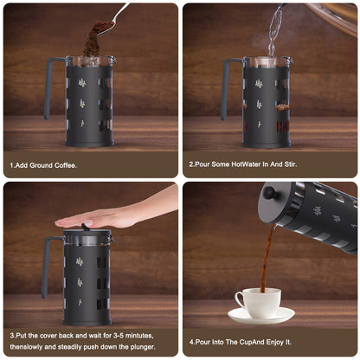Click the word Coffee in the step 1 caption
[x=66, y=165]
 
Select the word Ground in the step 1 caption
[x=42, y=165]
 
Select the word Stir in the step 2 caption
[x=291, y=164]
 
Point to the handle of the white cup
[x=240, y=300]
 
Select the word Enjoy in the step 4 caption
[x=275, y=342]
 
